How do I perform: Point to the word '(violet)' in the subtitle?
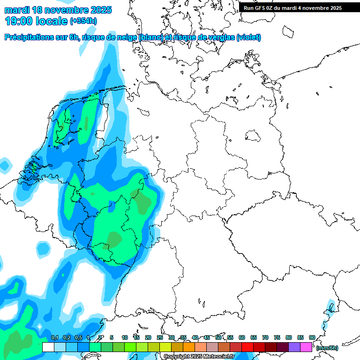point(248,37)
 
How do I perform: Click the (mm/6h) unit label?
point(327,348)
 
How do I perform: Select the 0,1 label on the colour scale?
point(54,338)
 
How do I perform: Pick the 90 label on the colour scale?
point(312,338)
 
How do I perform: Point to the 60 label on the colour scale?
point(242,338)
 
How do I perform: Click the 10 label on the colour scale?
point(125,338)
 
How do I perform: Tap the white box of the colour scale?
point(48,347)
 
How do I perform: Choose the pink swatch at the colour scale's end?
point(306,347)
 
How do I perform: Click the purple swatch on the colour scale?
point(294,347)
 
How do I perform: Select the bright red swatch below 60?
point(247,347)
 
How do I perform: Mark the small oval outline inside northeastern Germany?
point(254,136)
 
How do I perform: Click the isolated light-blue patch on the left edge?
point(5,164)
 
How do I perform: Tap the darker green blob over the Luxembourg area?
point(113,239)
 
